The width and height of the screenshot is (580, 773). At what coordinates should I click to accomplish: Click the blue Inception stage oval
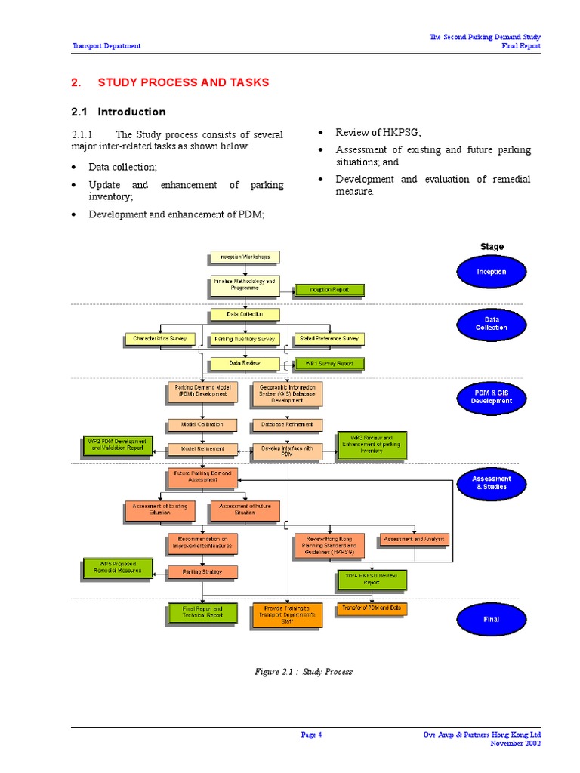tap(492, 272)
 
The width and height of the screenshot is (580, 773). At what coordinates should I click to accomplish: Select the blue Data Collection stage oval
tap(492, 324)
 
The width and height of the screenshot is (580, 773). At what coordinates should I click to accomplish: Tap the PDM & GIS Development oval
tap(492, 397)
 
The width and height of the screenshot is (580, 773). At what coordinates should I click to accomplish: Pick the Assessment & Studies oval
tap(492, 483)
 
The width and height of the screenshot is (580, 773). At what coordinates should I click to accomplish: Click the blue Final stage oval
tap(492, 619)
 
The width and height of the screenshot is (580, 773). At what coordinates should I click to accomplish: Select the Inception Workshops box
tap(244, 257)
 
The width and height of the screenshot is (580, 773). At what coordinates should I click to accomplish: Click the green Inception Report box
tap(329, 289)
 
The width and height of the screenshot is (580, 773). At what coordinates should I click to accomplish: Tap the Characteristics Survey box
tap(159, 339)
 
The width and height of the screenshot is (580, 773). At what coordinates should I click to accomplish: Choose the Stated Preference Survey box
tap(329, 339)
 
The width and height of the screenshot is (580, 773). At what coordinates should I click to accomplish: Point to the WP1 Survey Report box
tap(329, 363)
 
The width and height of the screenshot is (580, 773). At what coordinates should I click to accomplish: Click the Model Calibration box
tap(202, 424)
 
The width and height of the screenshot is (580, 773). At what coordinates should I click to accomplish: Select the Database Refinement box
tap(286, 424)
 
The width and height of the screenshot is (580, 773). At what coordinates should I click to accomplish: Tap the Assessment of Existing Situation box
tap(159, 511)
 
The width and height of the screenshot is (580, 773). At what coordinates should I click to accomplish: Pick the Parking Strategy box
tap(202, 572)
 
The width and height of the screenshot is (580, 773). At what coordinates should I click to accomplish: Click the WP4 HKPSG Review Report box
tap(372, 579)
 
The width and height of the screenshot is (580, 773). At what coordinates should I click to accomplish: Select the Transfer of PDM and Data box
tap(372, 608)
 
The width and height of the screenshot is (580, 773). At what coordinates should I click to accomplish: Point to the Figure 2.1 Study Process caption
tap(302, 671)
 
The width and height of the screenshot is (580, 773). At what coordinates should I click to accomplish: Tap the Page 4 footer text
tap(311, 735)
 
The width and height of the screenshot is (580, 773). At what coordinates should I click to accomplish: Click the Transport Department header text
tap(106, 46)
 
